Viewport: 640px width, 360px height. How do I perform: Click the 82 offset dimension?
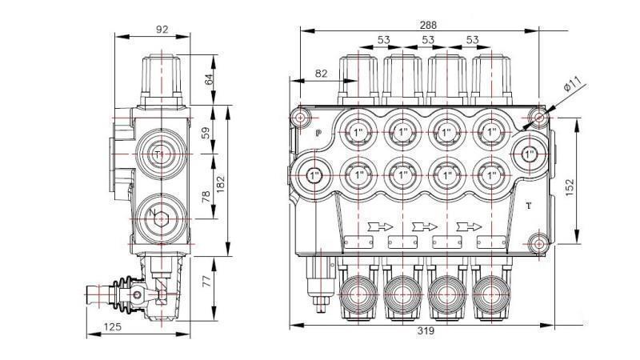[x=321, y=74]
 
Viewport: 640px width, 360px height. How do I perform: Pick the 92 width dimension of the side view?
[x=162, y=30]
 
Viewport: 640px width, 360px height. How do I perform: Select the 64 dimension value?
[x=209, y=79]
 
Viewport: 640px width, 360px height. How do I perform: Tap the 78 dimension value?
[x=209, y=197]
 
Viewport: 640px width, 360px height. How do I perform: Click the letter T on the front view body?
[x=529, y=206]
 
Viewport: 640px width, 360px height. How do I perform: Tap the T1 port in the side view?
[x=158, y=153]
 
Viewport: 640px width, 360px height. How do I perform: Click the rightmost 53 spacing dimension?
[x=472, y=39]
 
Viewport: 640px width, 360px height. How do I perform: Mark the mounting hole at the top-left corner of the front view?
[x=300, y=118]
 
